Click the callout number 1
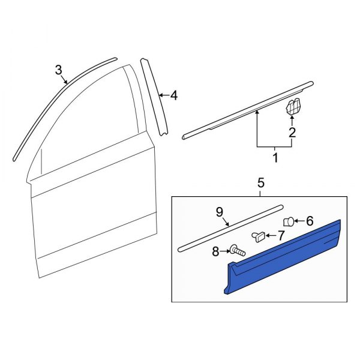(x=275, y=158)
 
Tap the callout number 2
(x=292, y=133)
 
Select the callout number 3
(x=58, y=70)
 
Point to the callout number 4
(x=173, y=95)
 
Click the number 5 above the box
(x=260, y=182)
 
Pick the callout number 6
(x=310, y=221)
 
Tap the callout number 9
(x=219, y=211)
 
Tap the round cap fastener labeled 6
(x=289, y=221)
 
